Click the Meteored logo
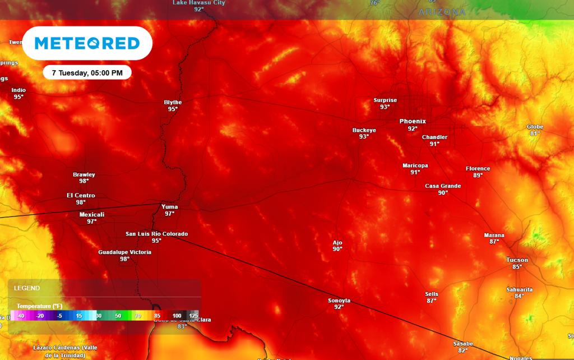coord(87,43)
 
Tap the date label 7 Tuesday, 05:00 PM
coord(87,72)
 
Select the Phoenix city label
coord(413,121)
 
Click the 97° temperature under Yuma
coord(169,214)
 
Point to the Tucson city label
coord(517,260)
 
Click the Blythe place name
coord(173,102)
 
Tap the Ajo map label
coord(337,243)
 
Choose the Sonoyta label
coord(339,301)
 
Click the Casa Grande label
coord(443,186)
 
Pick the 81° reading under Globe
coord(535,133)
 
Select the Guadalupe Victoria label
coord(124,252)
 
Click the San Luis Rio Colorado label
coord(156,234)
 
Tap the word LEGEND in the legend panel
coord(27,288)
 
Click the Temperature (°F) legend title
coord(39,306)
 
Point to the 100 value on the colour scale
coord(177,316)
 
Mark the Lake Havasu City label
coord(199,3)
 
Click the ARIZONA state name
coord(442,12)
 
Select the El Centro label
coord(81,196)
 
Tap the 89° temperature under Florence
coord(478,176)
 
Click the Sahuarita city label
coord(519,289)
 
